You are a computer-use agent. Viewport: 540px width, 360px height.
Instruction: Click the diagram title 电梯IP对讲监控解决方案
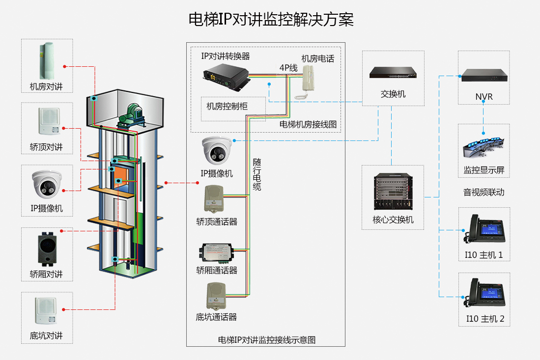pos(271,19)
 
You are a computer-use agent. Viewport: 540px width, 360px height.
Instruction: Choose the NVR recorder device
pos(483,75)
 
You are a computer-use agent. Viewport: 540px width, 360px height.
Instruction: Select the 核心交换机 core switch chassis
pos(393,193)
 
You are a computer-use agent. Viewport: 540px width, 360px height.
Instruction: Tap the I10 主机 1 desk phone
pos(483,229)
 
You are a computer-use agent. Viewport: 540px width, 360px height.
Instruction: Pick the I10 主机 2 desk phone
pos(483,293)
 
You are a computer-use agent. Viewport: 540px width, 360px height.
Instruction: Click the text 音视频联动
pos(483,192)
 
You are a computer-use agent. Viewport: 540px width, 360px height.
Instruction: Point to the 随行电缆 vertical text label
pos(257,174)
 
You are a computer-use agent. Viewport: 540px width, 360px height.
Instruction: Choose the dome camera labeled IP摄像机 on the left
pos(47,184)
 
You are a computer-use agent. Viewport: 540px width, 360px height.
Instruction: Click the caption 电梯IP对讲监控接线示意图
pos(266,339)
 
